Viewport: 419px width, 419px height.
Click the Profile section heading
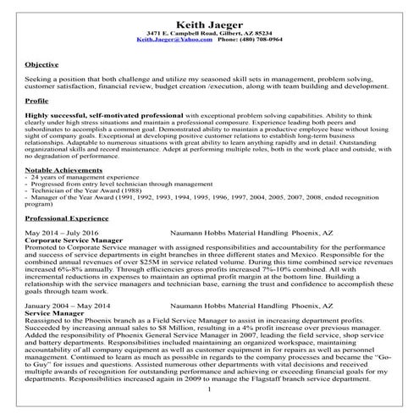click(x=38, y=100)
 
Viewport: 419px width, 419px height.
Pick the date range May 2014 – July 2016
click(x=63, y=255)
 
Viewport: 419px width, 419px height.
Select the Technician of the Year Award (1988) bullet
click(x=84, y=215)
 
